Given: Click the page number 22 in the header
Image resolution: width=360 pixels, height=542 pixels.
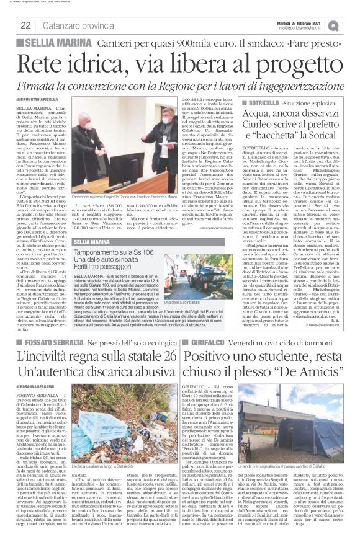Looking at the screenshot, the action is click(x=25, y=25).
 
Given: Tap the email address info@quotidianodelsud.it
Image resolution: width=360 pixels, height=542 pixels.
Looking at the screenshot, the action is click(x=304, y=27).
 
